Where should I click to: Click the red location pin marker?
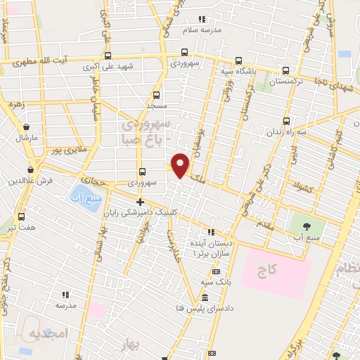tap(181, 165)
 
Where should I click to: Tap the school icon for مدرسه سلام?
tap(202, 19)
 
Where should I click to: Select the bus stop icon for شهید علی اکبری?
tap(108, 56)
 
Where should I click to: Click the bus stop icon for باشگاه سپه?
tap(238, 60)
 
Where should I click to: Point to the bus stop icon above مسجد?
tap(156, 94)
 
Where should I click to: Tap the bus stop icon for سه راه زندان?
tap(286, 120)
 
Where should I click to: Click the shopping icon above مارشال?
tap(27, 127)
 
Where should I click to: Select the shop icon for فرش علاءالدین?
tap(31, 169)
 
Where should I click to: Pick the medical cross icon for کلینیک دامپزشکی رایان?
tap(140, 202)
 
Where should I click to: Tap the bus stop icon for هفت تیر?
tap(21, 216)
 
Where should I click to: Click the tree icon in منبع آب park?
tap(307, 226)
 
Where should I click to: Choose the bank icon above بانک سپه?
tap(215, 271)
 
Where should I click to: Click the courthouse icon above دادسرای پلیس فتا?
tap(205, 297)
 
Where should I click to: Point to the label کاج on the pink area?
tap(266, 269)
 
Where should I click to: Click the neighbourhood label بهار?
tap(148, 344)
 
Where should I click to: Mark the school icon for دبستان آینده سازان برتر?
tap(211, 233)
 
